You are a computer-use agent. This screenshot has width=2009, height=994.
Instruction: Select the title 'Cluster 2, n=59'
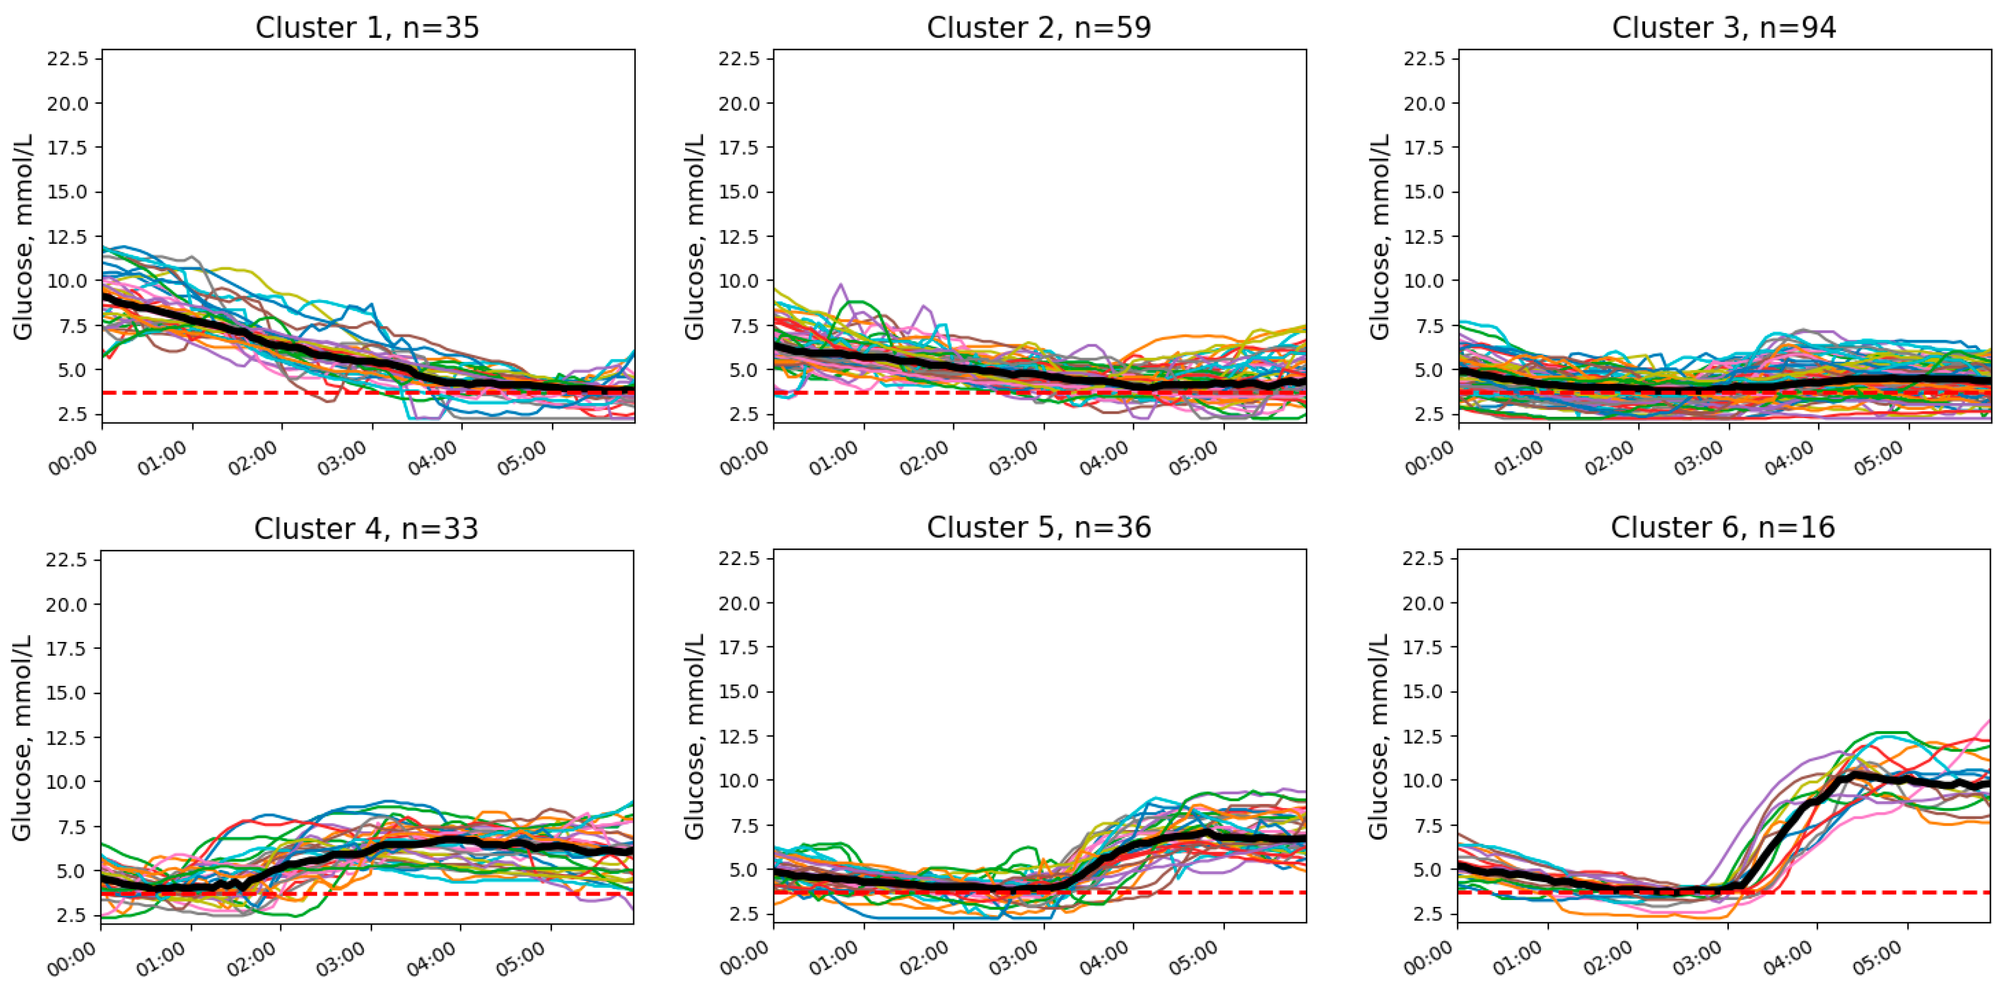pos(1039,28)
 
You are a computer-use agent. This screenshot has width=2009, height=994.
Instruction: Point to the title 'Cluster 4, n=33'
pos(366,528)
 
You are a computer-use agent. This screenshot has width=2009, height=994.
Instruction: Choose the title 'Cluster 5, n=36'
pos(1039,528)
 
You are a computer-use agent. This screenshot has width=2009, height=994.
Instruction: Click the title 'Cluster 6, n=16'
pos(1723,528)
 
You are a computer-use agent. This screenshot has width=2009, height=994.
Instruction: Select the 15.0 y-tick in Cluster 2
pos(740,192)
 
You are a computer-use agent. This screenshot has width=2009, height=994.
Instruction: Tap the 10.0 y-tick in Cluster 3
pos(1425,281)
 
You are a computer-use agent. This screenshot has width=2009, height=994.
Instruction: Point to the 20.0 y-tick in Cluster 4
pos(68,604)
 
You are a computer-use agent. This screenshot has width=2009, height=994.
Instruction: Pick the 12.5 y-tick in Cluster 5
pos(740,736)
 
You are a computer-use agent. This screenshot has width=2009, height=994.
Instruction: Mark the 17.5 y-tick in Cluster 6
pos(1424,647)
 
